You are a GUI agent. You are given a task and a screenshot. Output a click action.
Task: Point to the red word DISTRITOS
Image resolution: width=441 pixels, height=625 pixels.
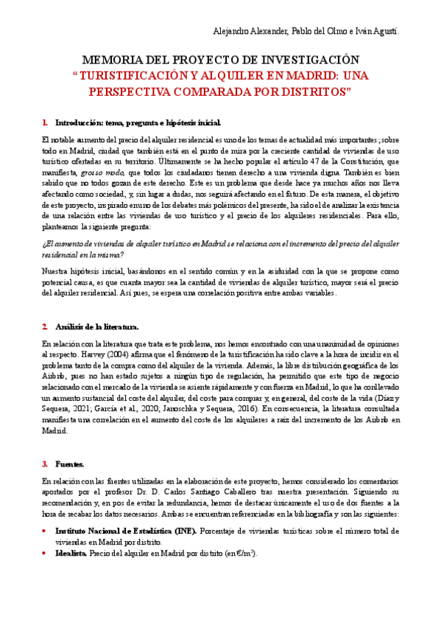point(308,92)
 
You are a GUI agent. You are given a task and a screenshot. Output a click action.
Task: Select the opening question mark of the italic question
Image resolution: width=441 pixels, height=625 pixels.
point(43,242)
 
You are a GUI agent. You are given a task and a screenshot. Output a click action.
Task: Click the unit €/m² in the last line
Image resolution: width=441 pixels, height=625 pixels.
point(243,554)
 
